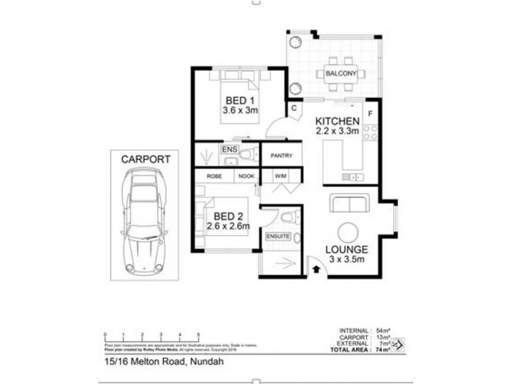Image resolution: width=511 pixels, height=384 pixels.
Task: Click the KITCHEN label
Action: (335, 121)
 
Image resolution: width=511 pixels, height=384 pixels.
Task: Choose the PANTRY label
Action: (281, 156)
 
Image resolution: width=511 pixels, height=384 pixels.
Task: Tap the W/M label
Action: (281, 176)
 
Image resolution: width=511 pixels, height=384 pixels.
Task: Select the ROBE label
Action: (213, 176)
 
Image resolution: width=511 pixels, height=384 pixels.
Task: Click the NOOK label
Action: (246, 176)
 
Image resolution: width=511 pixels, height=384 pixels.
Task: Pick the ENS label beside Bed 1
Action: (229, 149)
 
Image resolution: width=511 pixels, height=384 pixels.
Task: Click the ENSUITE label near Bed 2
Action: (278, 237)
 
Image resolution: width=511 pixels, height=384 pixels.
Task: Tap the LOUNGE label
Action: (346, 249)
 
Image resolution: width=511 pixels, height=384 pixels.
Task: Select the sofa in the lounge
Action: (348, 204)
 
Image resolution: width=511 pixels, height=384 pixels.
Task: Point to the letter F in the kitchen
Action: (370, 116)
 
